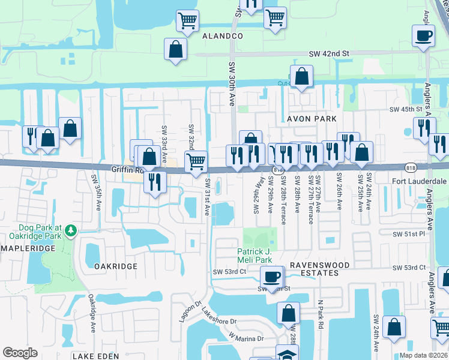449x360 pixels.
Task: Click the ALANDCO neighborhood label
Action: [223, 36]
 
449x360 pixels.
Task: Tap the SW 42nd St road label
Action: [329, 54]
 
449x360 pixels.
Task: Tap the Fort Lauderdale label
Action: [420, 181]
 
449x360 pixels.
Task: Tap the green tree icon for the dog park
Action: [71, 230]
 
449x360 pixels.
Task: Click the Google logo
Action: [20, 352]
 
